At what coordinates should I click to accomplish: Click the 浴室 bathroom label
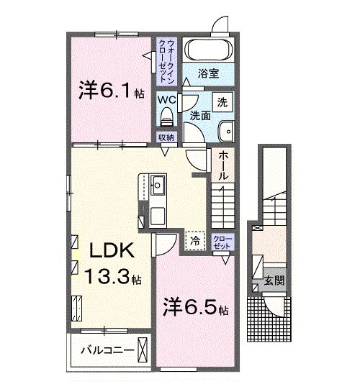click(209, 72)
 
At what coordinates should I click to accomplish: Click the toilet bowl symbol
click(168, 116)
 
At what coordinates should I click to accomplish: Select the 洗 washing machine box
click(222, 102)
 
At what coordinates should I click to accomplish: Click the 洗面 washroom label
click(200, 114)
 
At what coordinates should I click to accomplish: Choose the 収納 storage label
click(166, 136)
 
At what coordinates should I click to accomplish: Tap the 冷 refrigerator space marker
click(195, 241)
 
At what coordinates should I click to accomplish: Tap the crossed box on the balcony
click(144, 352)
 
